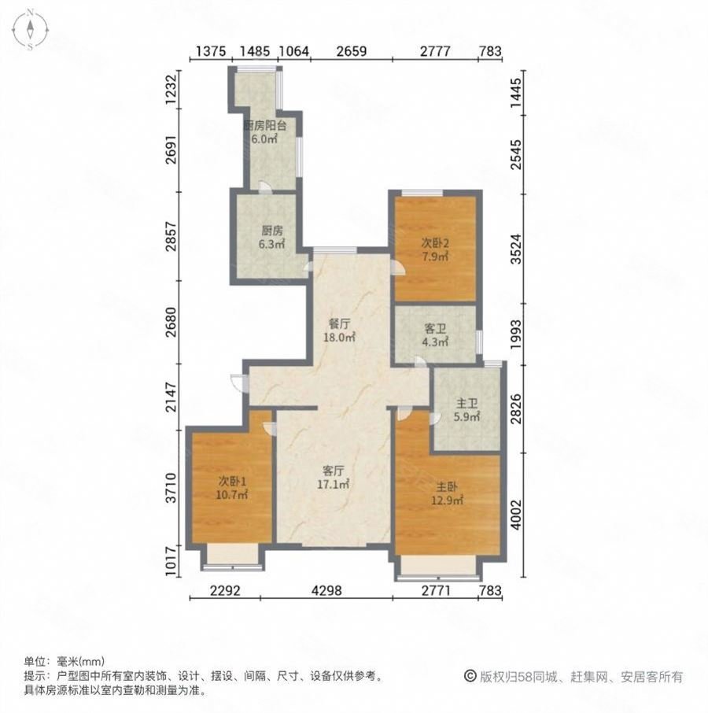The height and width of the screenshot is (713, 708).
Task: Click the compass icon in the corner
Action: click(29, 30)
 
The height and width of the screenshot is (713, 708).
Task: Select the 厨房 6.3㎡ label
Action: click(271, 238)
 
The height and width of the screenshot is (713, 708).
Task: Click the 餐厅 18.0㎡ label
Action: click(339, 329)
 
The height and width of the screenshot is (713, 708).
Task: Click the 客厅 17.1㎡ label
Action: click(334, 478)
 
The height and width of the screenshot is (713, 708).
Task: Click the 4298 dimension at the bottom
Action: click(325, 591)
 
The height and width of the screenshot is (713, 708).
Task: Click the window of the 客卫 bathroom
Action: click(480, 339)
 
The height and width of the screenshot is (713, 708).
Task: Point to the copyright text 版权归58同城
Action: click(573, 676)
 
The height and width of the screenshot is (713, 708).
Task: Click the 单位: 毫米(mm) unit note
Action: click(65, 662)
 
